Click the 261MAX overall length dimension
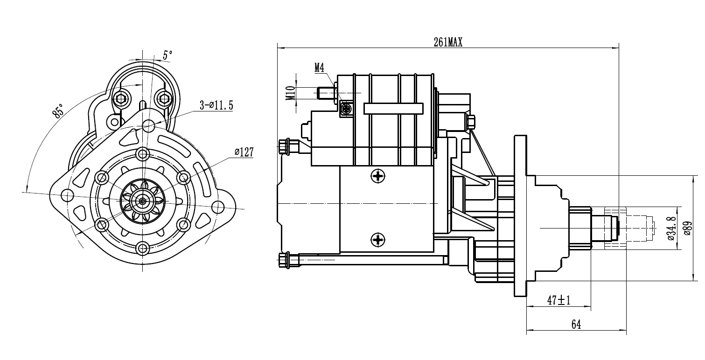click(x=448, y=42)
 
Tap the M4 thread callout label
click(x=319, y=68)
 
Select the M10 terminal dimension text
click(x=291, y=93)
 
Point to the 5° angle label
click(x=168, y=55)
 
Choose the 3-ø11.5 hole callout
click(x=216, y=105)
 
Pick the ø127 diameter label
click(x=244, y=152)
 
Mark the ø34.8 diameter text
click(x=671, y=228)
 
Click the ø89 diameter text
click(x=688, y=228)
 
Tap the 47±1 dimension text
click(x=558, y=300)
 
